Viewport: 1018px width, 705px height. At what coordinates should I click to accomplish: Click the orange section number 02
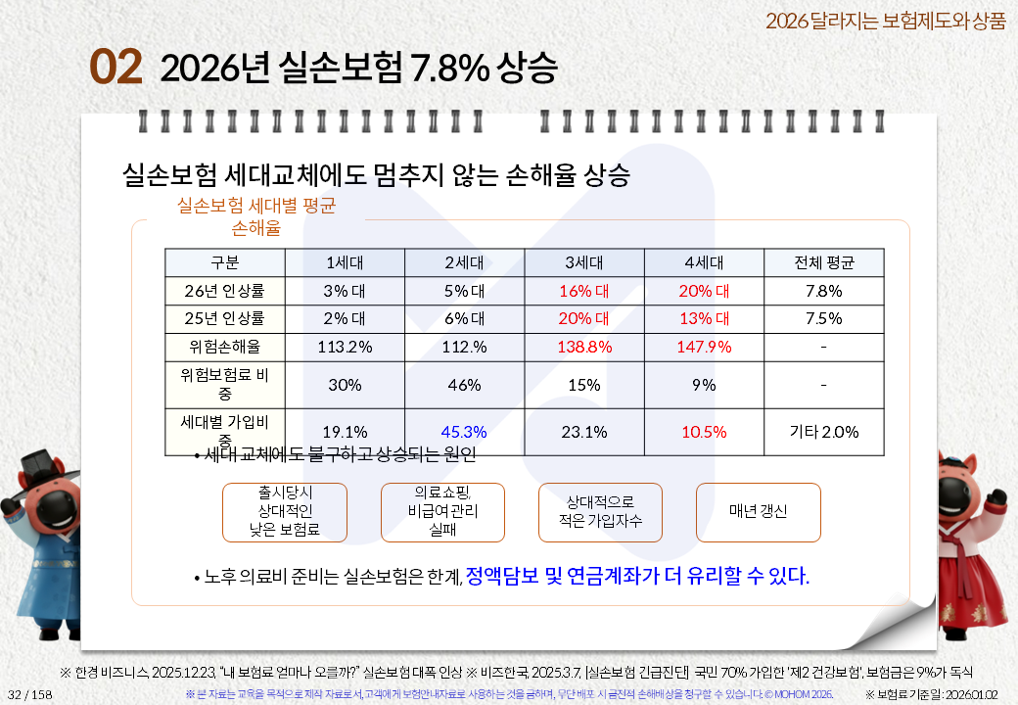tap(116, 68)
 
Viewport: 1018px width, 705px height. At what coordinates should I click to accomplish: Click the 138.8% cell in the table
tap(584, 347)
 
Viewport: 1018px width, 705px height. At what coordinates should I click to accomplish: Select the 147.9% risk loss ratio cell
tap(704, 347)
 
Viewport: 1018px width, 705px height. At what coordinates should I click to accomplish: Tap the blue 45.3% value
tap(464, 432)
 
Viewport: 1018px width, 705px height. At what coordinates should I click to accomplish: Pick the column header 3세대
tap(584, 262)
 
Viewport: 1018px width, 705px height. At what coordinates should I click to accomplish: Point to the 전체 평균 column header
tap(823, 262)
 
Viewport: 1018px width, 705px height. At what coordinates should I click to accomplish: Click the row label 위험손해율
tap(225, 347)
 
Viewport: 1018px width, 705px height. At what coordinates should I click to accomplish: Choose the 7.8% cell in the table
tap(823, 291)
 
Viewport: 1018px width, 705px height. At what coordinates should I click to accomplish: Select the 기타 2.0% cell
tap(823, 432)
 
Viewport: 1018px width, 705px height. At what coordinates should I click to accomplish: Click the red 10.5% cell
tap(704, 432)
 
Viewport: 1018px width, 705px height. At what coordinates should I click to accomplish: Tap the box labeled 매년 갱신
tap(758, 512)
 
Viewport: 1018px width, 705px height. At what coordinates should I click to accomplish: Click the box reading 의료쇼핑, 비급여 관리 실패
tap(442, 512)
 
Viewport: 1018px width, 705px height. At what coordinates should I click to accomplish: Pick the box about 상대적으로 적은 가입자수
tap(600, 512)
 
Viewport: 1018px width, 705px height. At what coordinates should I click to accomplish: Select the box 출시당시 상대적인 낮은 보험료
tap(285, 512)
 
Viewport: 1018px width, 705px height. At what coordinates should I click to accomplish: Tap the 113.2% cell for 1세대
tap(345, 347)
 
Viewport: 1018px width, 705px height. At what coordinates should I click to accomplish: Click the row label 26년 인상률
tap(225, 291)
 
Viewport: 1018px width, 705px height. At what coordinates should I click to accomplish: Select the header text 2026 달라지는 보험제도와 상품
tap(885, 21)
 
